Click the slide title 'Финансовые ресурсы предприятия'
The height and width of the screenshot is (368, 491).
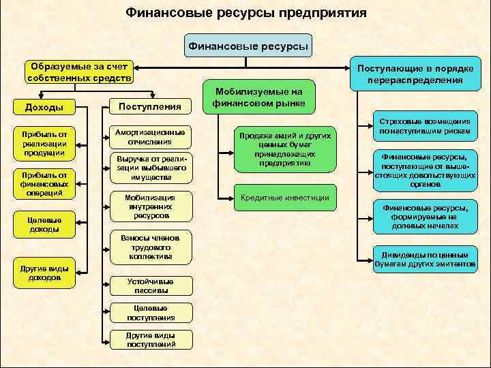tap(246, 13)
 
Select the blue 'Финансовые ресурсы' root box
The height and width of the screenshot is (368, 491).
tap(248, 47)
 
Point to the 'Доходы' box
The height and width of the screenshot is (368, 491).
tap(44, 107)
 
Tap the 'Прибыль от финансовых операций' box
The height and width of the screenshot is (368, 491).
tap(44, 183)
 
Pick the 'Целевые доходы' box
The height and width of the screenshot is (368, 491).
tap(44, 225)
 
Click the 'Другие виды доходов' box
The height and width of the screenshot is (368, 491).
tap(44, 273)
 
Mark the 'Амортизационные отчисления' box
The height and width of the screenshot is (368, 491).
tap(150, 137)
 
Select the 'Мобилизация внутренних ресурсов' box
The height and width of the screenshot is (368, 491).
tap(150, 206)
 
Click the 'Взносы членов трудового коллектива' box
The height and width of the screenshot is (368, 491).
tap(150, 247)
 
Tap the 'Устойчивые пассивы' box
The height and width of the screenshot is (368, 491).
tap(150, 286)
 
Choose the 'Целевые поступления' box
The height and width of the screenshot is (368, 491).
tap(150, 313)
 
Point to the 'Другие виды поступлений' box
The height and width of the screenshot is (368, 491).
tap(150, 339)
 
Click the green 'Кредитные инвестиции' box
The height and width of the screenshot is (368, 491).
tap(285, 198)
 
